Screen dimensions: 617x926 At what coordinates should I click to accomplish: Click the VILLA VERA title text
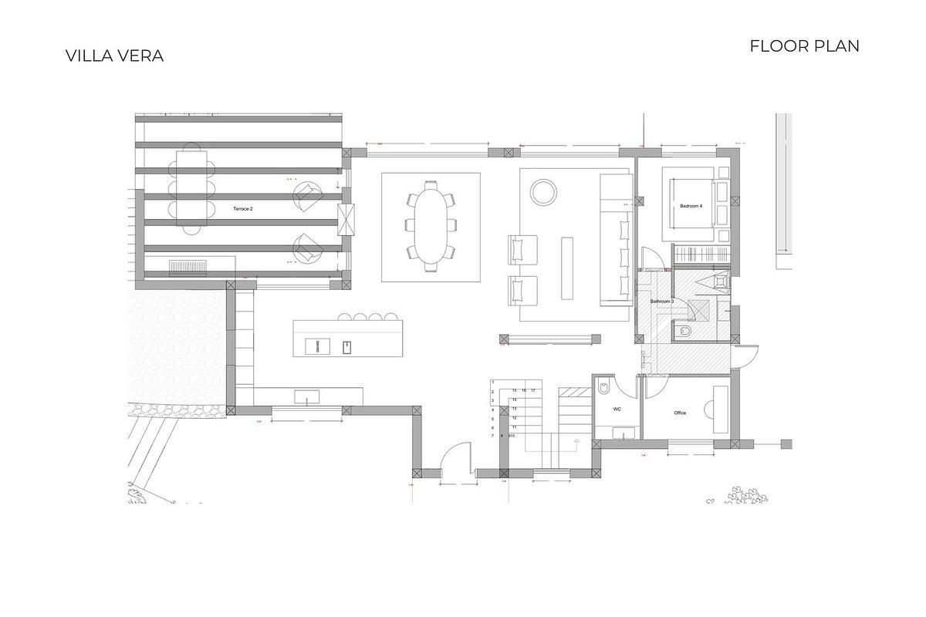click(x=114, y=56)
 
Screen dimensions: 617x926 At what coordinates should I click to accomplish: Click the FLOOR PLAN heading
click(x=804, y=46)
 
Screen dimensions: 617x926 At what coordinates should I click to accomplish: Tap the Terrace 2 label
click(x=243, y=209)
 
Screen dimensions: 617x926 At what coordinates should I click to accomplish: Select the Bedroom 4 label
click(x=691, y=206)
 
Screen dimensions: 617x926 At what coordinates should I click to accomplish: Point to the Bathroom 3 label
click(x=661, y=301)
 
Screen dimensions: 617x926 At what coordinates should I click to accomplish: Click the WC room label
click(x=617, y=410)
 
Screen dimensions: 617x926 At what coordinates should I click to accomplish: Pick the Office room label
click(x=680, y=413)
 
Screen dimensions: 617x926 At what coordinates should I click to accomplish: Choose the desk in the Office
click(x=720, y=409)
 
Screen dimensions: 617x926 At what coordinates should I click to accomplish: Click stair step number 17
click(x=532, y=391)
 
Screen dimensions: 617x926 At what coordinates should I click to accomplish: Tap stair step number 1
click(x=492, y=383)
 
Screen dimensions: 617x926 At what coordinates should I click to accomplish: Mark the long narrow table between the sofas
click(x=568, y=268)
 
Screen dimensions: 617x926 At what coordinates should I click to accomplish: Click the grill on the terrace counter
click(x=187, y=268)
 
